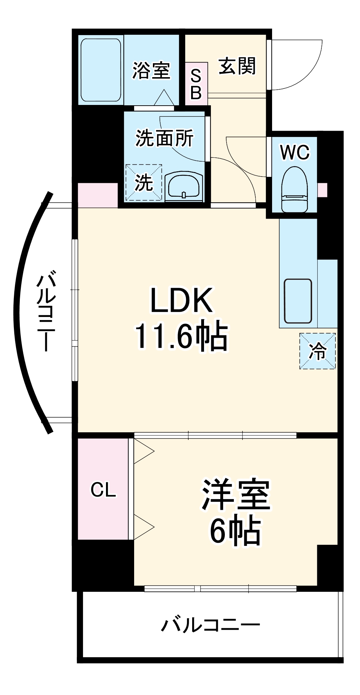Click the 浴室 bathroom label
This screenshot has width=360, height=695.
click(151, 71)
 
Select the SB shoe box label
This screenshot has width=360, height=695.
click(196, 84)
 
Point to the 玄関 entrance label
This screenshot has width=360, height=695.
click(237, 66)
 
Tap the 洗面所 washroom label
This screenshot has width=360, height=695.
click(164, 138)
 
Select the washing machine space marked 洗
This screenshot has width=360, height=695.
click(144, 182)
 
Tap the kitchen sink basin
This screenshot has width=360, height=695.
click(298, 301)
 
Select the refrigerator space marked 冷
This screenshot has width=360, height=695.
click(318, 351)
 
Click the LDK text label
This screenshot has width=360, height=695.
click(181, 301)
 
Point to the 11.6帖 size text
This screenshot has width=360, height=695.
click(181, 336)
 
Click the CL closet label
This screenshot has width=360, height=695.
click(103, 490)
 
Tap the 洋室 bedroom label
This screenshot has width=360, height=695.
click(236, 495)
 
